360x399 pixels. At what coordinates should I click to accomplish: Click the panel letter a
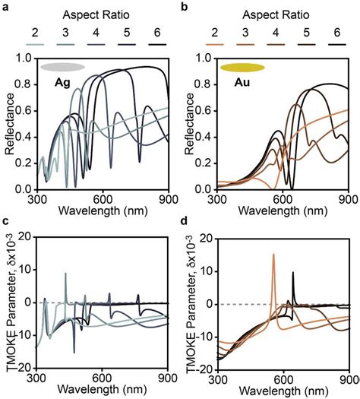click(5, 7)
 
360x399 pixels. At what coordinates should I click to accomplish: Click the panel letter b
click(187, 7)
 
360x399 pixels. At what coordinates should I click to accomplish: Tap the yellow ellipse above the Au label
click(242, 68)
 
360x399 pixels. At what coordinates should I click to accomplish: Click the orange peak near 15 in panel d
click(273, 255)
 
